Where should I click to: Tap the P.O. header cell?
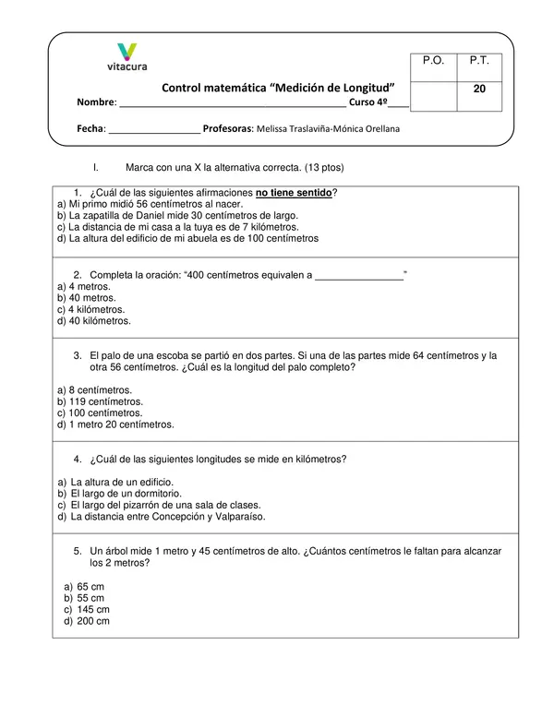point(433,61)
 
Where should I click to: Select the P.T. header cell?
point(478,61)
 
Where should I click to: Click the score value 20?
point(478,90)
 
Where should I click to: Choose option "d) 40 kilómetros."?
point(93,322)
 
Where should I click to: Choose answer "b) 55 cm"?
point(84,598)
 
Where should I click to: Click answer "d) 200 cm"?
point(87,621)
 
